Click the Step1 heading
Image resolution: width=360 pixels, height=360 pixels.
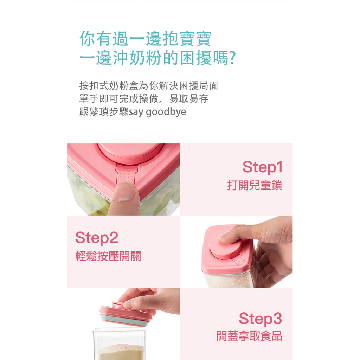click(x=262, y=167)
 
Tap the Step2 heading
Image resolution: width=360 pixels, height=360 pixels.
click(x=97, y=238)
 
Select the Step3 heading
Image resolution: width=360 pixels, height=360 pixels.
click(x=261, y=319)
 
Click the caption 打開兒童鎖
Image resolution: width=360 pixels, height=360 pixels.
click(x=255, y=185)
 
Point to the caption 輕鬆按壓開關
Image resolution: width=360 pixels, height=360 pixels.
click(x=108, y=256)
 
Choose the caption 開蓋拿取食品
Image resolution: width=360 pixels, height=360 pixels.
click(x=249, y=336)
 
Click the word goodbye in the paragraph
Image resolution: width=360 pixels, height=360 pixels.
click(x=166, y=112)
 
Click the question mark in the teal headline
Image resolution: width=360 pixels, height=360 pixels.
click(x=233, y=58)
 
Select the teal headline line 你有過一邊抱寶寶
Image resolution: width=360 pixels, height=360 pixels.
click(x=145, y=38)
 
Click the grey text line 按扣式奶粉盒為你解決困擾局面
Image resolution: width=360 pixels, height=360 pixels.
click(x=149, y=86)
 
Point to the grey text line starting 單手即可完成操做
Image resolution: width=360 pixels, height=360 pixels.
click(x=144, y=99)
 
